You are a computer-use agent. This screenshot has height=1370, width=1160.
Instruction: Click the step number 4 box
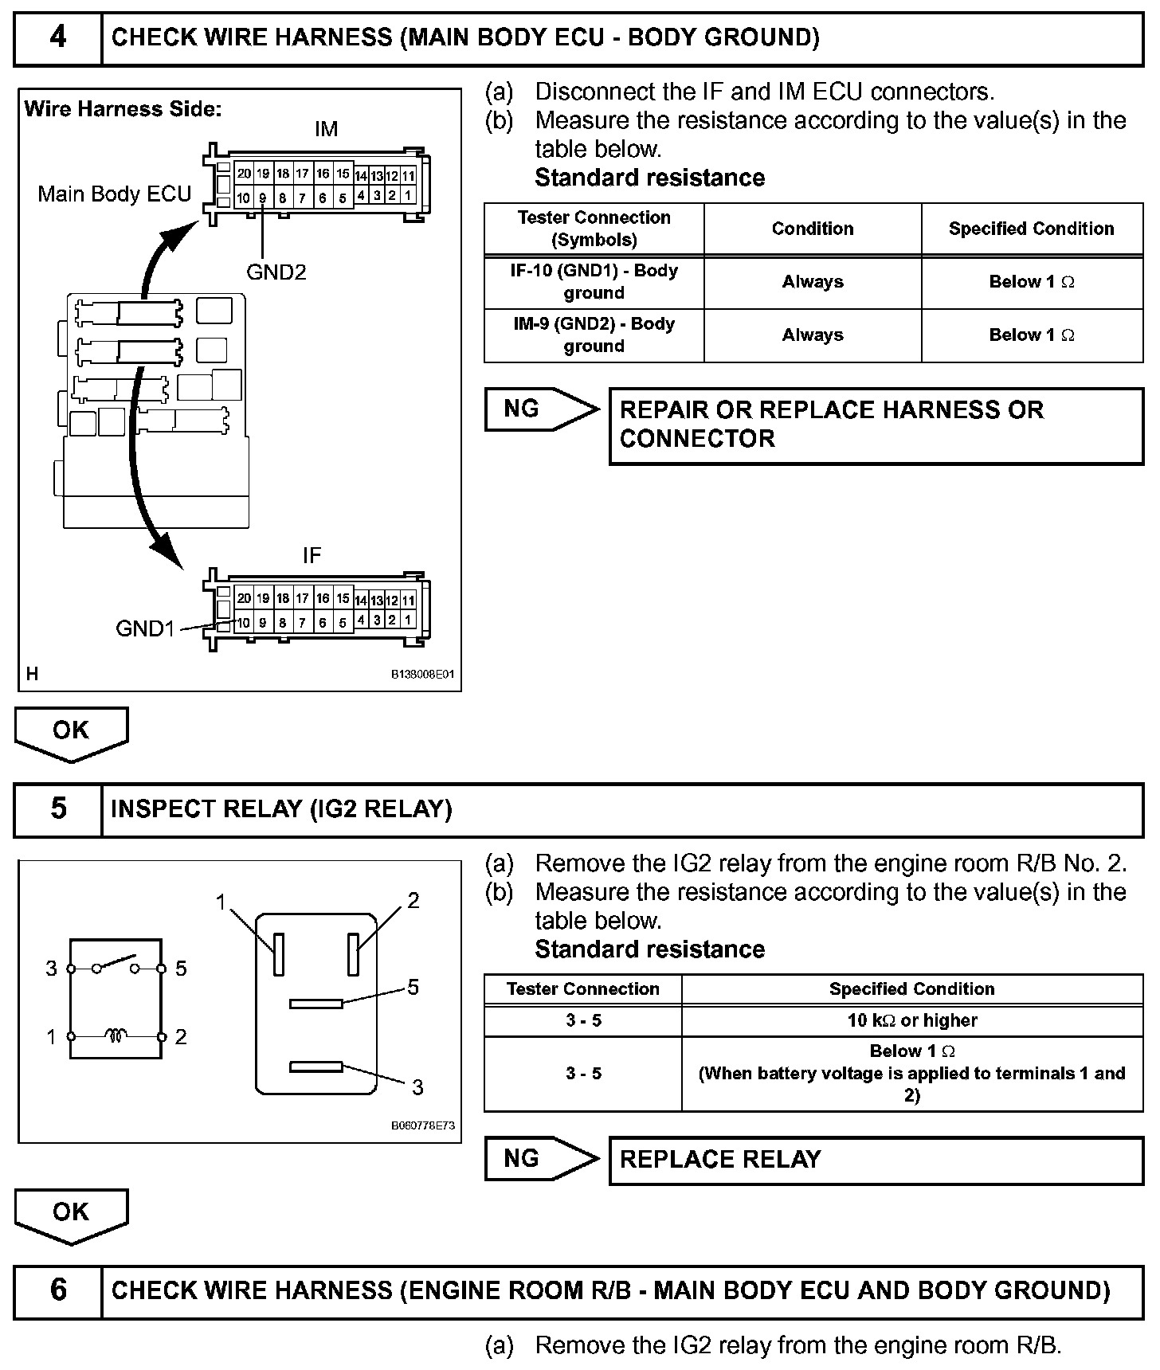pos(58,38)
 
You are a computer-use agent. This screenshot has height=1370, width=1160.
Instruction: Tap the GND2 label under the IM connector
pos(276,272)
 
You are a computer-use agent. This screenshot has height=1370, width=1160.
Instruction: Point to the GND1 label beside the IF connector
pos(145,628)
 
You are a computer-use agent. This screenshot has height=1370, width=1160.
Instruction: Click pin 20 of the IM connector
pos(244,174)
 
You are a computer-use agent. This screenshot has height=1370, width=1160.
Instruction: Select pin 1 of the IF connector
pos(408,620)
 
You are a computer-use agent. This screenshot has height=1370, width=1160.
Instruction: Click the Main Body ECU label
pos(115,194)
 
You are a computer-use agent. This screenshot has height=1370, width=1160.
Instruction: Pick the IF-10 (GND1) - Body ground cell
pos(594,282)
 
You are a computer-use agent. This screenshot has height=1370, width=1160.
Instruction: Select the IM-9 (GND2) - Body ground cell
pos(594,335)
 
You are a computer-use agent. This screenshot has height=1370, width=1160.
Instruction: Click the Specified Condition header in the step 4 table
pos(1031,229)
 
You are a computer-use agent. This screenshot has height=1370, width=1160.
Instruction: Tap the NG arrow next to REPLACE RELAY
pos(541,1158)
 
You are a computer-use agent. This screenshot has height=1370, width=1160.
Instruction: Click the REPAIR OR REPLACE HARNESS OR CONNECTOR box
pos(876,425)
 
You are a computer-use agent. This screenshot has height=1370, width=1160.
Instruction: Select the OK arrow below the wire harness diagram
pos(71,733)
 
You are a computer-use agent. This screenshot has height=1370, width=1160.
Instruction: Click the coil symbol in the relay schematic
pos(116,1035)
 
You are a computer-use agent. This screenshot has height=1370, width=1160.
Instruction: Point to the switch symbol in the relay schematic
pos(116,965)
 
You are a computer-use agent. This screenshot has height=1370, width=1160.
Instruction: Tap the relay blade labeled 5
pos(316,1004)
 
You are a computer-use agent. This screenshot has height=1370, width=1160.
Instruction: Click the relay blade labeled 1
pos(278,953)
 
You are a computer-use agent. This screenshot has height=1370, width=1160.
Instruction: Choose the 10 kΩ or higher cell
pos(911,1020)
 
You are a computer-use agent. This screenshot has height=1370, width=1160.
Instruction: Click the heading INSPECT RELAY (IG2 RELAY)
pos(281,809)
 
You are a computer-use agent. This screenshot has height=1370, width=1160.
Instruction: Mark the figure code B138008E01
pos(422,674)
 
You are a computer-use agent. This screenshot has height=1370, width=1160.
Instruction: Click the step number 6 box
pos(58,1290)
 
